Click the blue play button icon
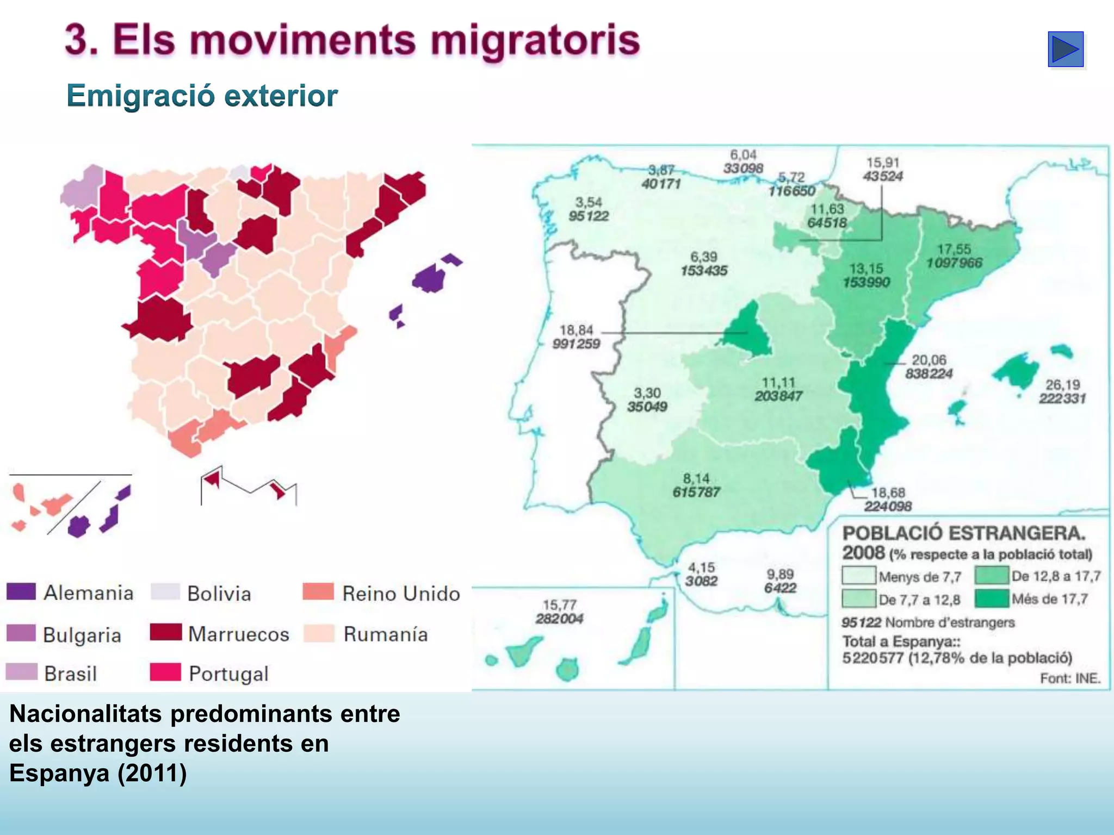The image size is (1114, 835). [1066, 49]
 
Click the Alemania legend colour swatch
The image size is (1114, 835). [21, 591]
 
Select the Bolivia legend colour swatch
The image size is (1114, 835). [165, 591]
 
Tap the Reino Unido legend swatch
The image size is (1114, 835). [318, 591]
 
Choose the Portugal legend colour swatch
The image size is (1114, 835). [165, 672]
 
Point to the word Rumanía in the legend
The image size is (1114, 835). [385, 634]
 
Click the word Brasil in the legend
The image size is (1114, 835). [70, 674]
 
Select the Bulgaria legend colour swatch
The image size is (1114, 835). [21, 633]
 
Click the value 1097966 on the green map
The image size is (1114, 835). [954, 263]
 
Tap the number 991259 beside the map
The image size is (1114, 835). [576, 344]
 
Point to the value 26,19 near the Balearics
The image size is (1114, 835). [1062, 385]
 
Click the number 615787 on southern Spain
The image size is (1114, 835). [696, 493]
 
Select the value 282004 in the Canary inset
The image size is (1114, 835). [559, 619]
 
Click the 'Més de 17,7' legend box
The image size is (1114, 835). [992, 599]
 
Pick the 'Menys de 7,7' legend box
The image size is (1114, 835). [859, 576]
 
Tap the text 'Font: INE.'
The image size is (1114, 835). [1070, 678]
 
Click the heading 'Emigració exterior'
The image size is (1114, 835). [202, 96]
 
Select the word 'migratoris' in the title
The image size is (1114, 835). [535, 41]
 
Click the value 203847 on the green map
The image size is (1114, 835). [778, 396]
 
